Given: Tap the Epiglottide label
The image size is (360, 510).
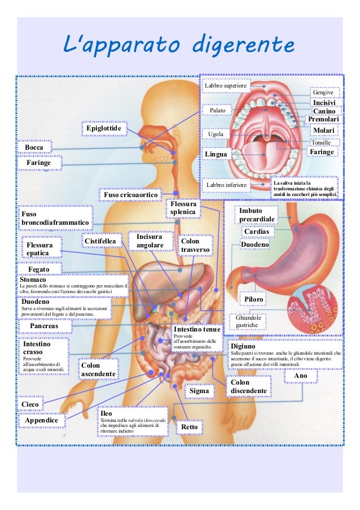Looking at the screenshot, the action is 104,129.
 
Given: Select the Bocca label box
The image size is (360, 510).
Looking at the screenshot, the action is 34,147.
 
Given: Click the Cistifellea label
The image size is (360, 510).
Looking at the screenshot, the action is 100,241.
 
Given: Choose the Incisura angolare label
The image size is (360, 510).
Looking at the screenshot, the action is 150,241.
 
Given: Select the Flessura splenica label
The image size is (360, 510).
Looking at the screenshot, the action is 183,208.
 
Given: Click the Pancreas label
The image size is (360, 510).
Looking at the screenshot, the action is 44,326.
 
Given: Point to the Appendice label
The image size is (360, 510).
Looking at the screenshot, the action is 42,421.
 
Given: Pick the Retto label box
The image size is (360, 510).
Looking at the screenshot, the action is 190,427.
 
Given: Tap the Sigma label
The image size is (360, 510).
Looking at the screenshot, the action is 199,390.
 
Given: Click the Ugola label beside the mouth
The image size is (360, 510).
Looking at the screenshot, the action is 216,134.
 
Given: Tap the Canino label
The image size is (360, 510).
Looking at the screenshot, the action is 324,111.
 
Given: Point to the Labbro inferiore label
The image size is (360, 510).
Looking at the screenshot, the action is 226,185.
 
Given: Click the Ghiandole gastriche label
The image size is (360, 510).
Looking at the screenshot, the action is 247,322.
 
